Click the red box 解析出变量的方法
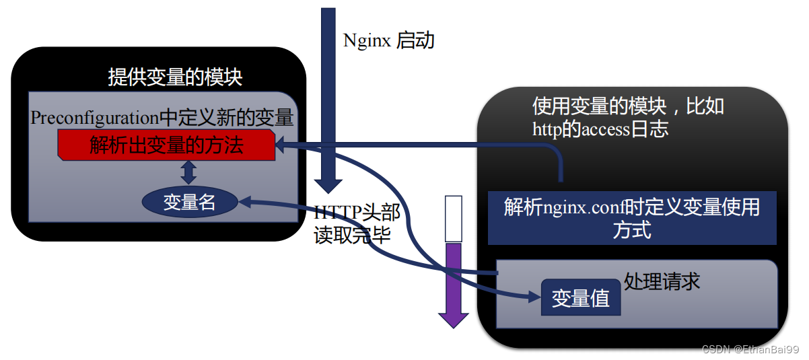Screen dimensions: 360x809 [x=166, y=145]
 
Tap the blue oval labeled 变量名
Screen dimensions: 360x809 [x=189, y=202]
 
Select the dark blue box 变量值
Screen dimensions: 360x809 [x=580, y=297]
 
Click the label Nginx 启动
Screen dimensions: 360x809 [x=389, y=40]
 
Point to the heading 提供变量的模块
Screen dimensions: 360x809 [x=175, y=77]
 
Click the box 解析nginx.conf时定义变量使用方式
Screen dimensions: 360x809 [x=631, y=217]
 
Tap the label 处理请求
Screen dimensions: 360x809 [x=662, y=281]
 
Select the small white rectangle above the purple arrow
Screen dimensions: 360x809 [x=454, y=218]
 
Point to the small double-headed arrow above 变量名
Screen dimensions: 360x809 [x=189, y=172]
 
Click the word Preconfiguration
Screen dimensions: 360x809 [x=94, y=118]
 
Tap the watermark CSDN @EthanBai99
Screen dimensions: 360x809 [x=750, y=349]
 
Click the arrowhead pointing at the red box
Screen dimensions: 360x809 [x=282, y=144]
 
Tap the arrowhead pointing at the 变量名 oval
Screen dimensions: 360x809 [x=244, y=200]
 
